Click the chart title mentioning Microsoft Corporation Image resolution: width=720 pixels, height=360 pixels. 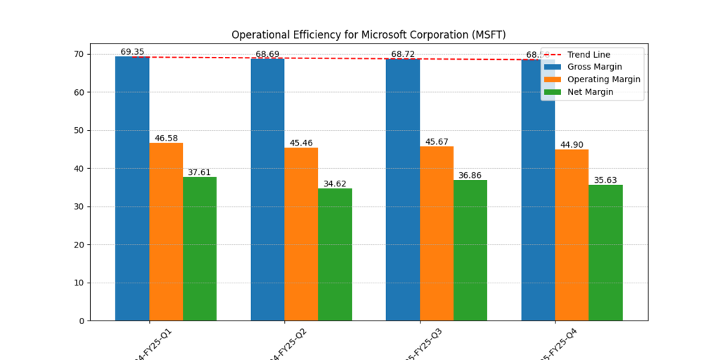click(368, 34)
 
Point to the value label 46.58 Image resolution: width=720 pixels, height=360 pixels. click(166, 139)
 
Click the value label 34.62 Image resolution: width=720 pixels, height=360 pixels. click(335, 184)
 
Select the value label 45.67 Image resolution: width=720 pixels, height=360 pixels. click(437, 142)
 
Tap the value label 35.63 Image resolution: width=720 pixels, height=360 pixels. click(605, 180)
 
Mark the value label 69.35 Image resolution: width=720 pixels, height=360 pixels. click(132, 52)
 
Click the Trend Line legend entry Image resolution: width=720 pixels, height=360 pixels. click(589, 55)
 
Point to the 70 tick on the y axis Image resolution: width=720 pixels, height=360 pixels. click(78, 54)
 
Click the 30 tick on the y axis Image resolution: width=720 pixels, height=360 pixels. click(78, 207)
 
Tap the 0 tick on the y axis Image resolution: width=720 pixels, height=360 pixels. click(81, 321)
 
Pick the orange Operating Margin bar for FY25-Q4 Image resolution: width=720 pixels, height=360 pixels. click(572, 235)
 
